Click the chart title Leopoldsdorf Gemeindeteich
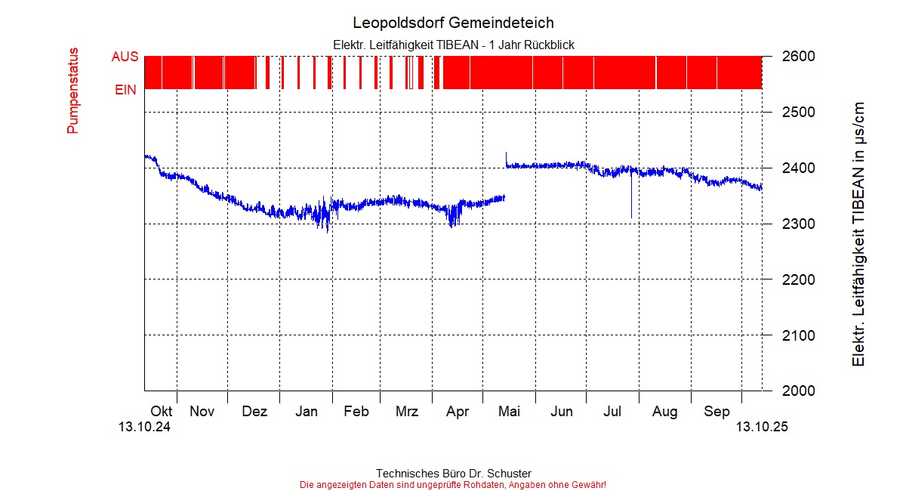(453, 23)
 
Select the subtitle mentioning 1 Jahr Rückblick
(453, 45)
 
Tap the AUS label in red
(125, 57)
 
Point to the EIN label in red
(125, 90)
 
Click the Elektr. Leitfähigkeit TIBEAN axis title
(858, 234)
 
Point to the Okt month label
(162, 412)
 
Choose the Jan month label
(306, 412)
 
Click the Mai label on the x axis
(510, 412)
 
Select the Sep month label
(716, 412)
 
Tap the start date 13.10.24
(144, 428)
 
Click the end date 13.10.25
(762, 428)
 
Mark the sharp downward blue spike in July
(631, 208)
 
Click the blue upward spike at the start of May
(506, 155)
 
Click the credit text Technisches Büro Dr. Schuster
(453, 474)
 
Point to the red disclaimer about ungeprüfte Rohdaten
(453, 484)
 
